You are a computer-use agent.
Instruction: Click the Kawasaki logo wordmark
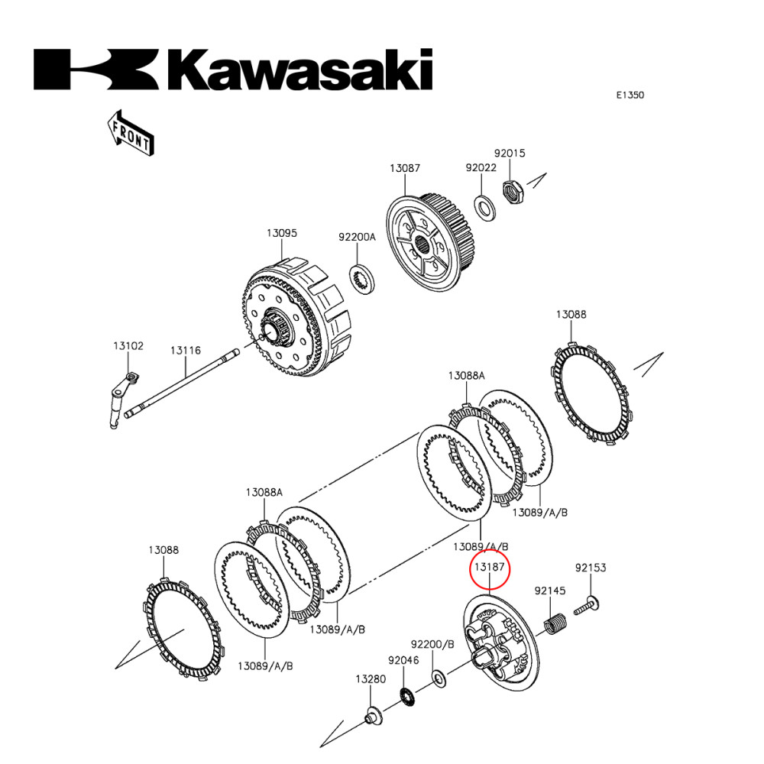point(233,70)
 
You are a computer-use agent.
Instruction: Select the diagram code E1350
point(630,95)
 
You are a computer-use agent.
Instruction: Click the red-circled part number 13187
point(488,568)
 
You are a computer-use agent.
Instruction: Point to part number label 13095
point(281,233)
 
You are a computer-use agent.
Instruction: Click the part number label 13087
point(405,168)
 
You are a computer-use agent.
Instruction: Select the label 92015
point(510,153)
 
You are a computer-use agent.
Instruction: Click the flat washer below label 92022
point(482,205)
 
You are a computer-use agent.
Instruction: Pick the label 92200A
point(358,237)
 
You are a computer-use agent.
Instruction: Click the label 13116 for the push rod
point(186,350)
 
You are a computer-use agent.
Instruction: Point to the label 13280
point(370,678)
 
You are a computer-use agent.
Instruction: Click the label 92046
point(403,660)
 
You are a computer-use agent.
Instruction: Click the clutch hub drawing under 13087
point(429,243)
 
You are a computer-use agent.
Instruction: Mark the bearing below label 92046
point(409,695)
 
